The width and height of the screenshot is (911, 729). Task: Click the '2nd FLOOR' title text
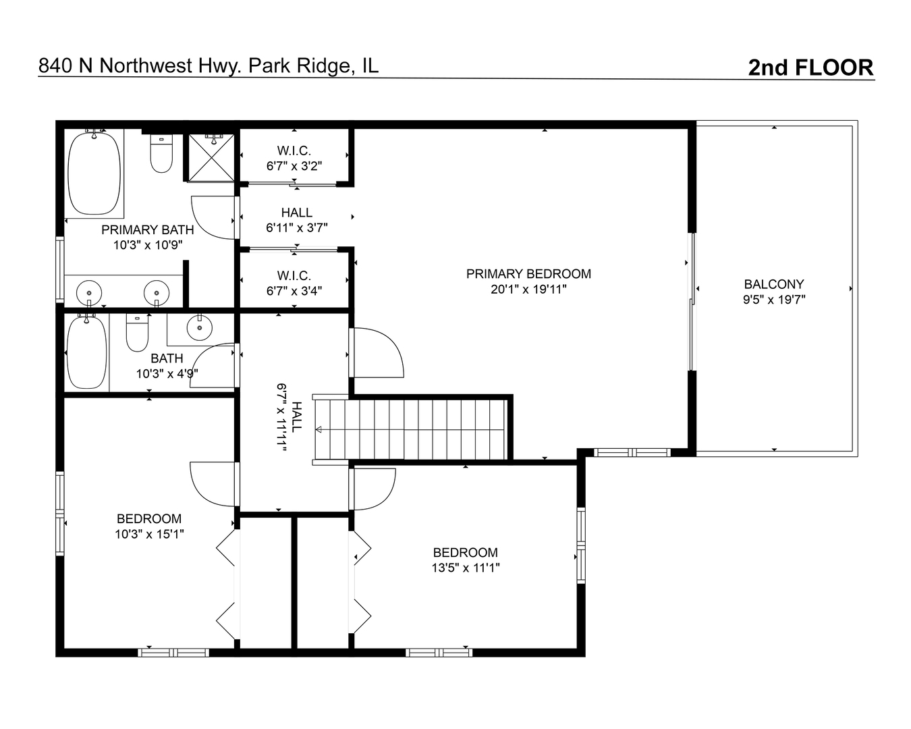[810, 67]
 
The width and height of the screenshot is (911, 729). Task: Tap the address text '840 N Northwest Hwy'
[140, 65]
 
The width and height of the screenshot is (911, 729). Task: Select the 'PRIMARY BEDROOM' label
[528, 274]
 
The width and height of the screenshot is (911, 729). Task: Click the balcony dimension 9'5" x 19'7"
[774, 300]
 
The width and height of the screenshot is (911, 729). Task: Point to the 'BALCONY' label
[774, 284]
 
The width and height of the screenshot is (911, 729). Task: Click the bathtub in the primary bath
[94, 173]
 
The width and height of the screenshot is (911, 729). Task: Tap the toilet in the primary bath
[161, 155]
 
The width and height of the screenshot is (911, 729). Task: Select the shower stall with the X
[211, 158]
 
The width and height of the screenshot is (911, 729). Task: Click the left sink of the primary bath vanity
[89, 293]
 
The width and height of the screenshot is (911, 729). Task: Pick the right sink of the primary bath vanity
[156, 293]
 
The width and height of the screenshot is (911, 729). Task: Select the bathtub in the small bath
[87, 352]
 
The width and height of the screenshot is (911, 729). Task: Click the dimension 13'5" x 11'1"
[466, 568]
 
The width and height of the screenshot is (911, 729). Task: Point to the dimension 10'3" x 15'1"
[149, 534]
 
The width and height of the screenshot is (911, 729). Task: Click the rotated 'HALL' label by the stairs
[297, 416]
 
